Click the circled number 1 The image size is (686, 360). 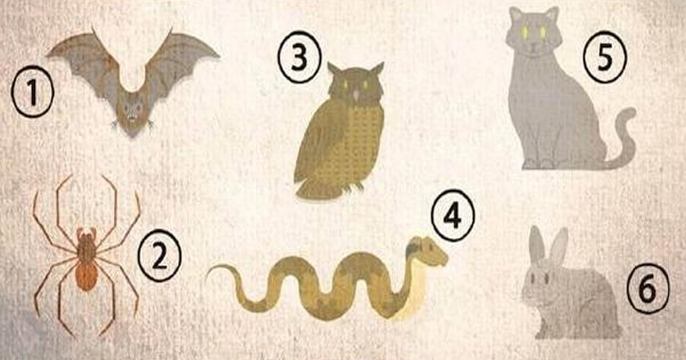point(32,94)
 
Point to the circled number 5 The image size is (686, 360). point(605,58)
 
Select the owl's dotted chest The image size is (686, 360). point(357,143)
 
